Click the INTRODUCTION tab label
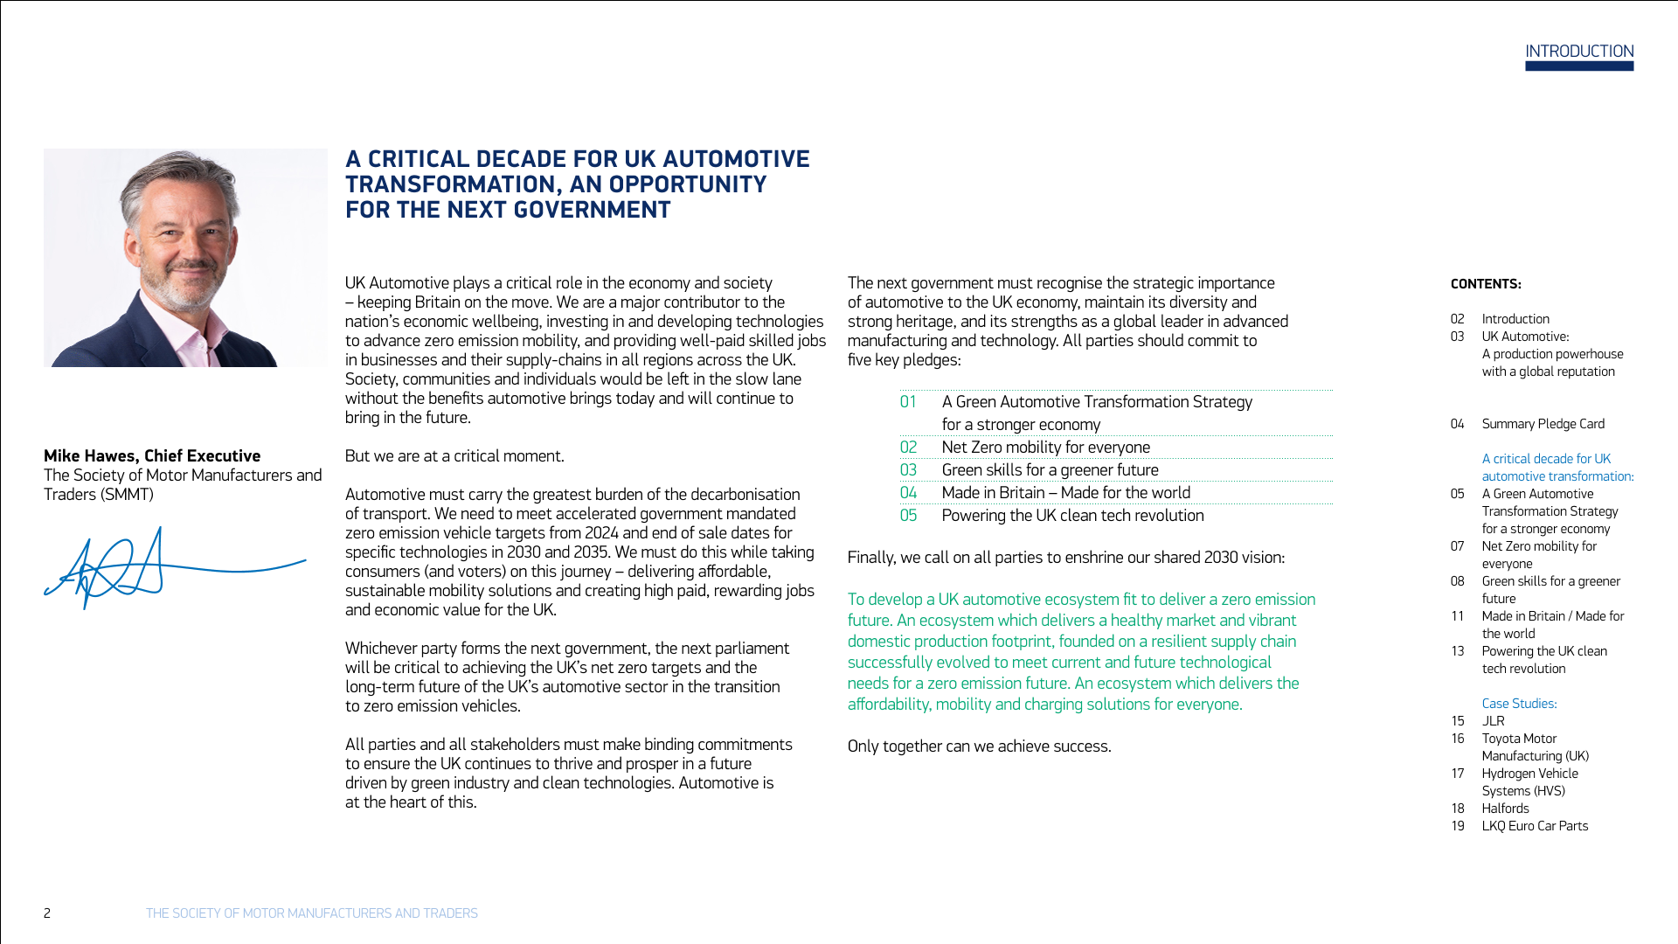click(1579, 52)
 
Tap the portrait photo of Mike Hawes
click(185, 258)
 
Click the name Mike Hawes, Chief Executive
click(152, 456)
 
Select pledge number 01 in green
click(908, 402)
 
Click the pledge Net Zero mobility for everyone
click(1045, 448)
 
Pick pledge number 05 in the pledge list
click(908, 516)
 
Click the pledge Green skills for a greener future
click(1050, 470)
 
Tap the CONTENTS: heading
click(1486, 284)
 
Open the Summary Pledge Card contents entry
click(1543, 424)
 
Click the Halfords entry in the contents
click(1505, 809)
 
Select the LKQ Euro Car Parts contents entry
click(1535, 826)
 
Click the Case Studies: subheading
click(1519, 704)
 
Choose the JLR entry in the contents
click(1493, 721)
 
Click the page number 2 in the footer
click(47, 913)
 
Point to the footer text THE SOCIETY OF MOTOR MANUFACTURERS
click(311, 913)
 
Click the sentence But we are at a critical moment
click(454, 456)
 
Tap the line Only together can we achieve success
click(979, 746)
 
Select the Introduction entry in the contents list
click(1515, 319)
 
